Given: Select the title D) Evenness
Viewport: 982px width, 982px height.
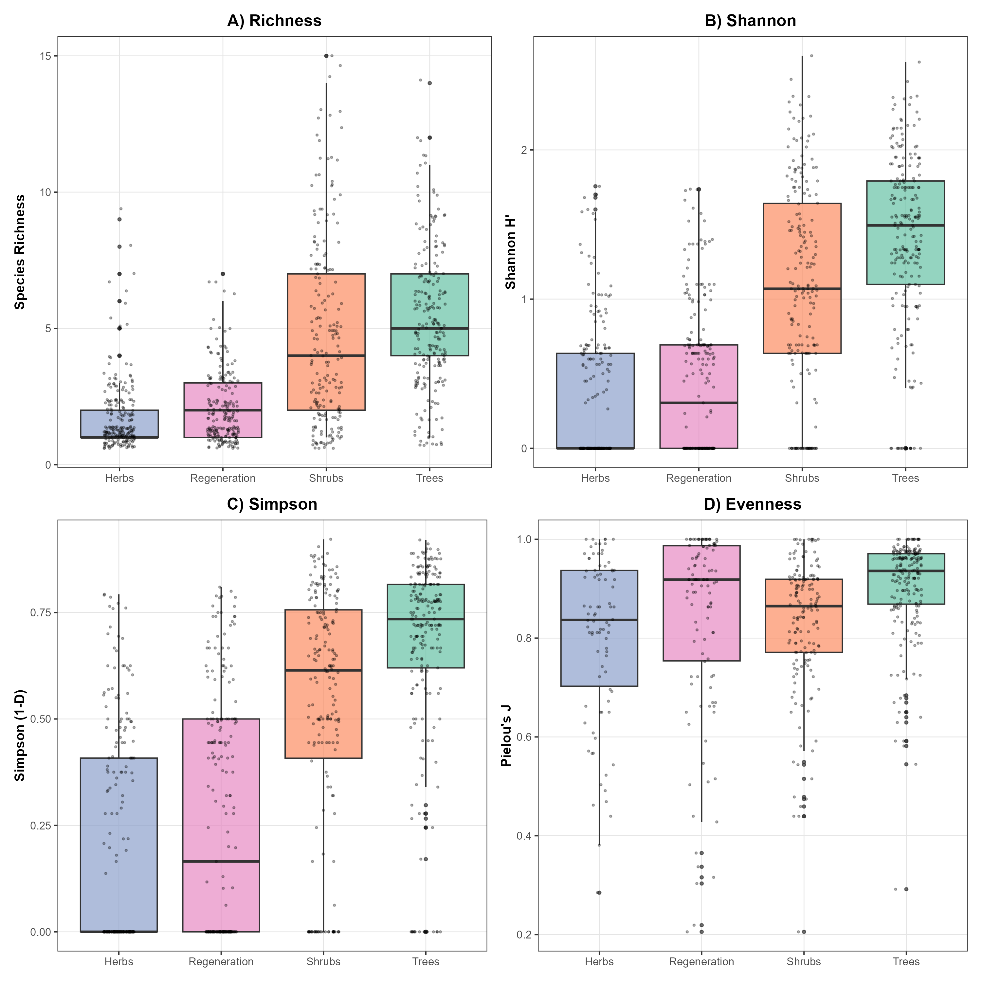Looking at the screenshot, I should coord(752,504).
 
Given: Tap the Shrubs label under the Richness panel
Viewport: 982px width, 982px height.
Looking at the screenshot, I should coord(326,478).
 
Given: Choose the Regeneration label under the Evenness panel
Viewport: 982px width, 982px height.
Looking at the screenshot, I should coord(701,962).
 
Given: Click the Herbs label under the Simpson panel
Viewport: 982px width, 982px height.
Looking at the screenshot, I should coord(118,962).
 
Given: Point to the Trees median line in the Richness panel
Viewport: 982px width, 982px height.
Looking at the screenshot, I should coord(429,328).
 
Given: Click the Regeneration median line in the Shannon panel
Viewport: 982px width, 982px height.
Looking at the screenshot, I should coord(699,403).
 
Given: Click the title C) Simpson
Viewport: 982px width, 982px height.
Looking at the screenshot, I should coord(272,504).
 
